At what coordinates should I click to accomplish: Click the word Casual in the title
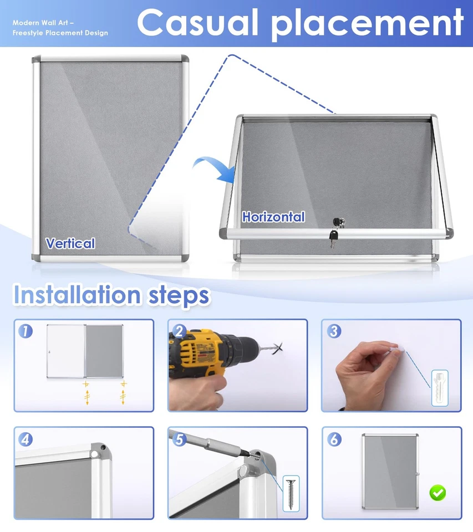(199, 23)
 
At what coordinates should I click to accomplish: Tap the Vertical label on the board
(70, 243)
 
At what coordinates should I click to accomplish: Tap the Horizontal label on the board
(273, 217)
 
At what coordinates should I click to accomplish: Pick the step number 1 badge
(26, 331)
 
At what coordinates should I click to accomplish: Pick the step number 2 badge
(179, 331)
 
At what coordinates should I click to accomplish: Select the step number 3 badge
(333, 331)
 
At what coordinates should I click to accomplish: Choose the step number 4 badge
(26, 439)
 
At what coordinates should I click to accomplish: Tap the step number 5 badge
(179, 439)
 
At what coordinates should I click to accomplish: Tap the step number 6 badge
(333, 439)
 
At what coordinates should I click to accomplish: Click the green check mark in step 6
(438, 492)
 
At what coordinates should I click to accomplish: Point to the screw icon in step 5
(291, 493)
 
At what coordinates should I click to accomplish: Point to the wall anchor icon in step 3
(440, 388)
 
